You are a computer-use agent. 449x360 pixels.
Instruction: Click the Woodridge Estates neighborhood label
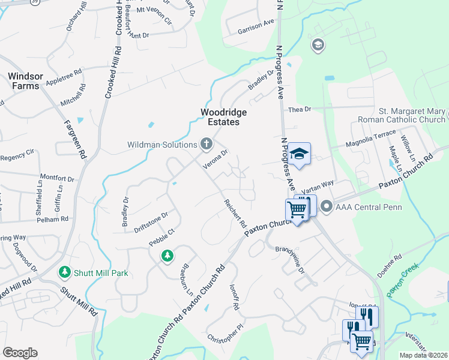tap(220, 117)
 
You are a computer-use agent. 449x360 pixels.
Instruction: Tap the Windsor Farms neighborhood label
tap(23, 81)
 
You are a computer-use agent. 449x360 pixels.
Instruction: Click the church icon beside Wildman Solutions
tap(206, 143)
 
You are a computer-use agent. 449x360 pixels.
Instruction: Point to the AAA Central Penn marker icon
tap(327, 206)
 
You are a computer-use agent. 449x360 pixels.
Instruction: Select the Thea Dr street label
tap(300, 109)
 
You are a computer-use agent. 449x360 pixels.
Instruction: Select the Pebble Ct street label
tap(162, 236)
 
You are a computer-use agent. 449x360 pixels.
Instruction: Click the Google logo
tap(20, 353)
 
